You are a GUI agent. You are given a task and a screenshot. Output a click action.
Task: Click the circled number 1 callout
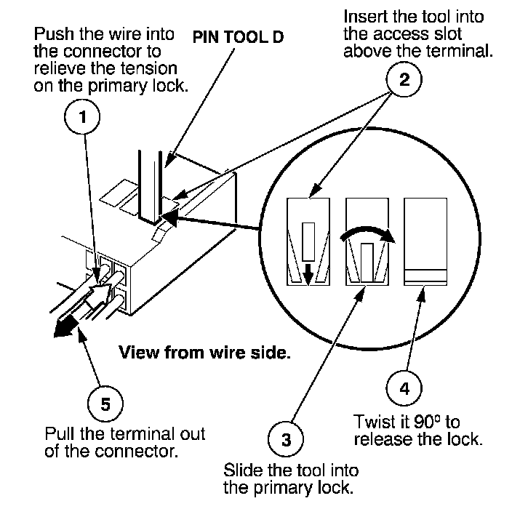[x=82, y=117]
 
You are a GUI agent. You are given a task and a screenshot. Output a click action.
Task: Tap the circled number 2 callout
[x=404, y=79]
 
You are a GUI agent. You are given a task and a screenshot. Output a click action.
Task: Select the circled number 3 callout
[x=286, y=439]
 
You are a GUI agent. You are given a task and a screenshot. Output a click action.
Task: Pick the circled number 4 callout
[x=404, y=388]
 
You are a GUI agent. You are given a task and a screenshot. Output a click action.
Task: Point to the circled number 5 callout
[x=105, y=404]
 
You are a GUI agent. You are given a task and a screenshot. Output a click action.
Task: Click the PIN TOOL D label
[x=238, y=37]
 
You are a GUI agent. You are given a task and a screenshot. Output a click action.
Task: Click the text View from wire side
[x=205, y=353]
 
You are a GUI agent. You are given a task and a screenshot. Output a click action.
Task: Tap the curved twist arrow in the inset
[x=367, y=231]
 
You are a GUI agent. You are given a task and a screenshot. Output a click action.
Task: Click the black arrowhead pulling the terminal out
[x=65, y=326]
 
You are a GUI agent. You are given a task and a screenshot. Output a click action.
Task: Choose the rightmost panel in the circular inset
[x=425, y=241]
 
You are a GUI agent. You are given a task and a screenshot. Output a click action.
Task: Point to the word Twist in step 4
[x=375, y=422]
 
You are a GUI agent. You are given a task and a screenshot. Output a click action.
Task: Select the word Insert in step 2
[x=364, y=17]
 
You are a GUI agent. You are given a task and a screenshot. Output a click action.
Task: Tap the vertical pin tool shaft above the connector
[x=151, y=186]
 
